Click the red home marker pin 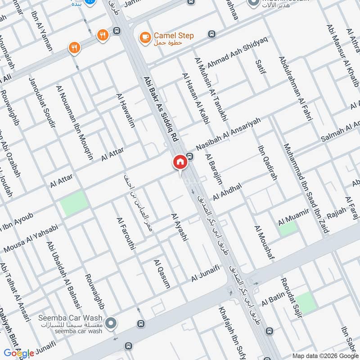180,162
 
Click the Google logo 18,353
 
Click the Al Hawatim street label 126,110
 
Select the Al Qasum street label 162,274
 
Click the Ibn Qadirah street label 267,162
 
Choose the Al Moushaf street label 264,243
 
